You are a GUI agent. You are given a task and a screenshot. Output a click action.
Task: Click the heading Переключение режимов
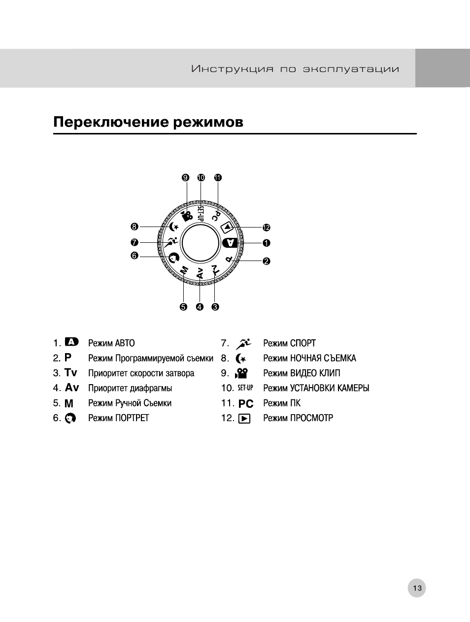click(x=148, y=122)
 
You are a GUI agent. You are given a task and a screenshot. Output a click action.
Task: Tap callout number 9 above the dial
click(x=185, y=178)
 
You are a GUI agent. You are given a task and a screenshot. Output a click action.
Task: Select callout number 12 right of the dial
click(x=267, y=228)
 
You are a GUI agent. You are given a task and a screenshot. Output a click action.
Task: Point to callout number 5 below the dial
click(x=183, y=307)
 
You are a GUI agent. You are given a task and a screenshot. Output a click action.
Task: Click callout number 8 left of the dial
click(x=134, y=227)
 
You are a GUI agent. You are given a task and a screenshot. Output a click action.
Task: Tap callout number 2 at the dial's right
click(x=267, y=261)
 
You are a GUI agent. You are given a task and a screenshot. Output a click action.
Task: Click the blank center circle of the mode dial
click(x=200, y=243)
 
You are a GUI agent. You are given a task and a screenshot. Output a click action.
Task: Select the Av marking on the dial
click(x=200, y=274)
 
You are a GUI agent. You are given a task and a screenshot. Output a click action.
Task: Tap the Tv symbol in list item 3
click(x=71, y=373)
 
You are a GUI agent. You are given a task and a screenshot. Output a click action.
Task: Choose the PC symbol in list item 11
click(x=246, y=403)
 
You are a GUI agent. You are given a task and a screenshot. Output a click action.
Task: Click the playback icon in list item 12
click(x=244, y=419)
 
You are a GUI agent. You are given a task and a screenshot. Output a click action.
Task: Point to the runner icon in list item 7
click(x=244, y=343)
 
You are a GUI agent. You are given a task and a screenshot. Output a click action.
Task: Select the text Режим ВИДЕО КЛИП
click(x=302, y=373)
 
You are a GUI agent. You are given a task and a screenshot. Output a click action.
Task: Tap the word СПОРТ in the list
click(x=302, y=343)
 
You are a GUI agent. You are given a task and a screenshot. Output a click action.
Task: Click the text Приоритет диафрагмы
click(x=130, y=388)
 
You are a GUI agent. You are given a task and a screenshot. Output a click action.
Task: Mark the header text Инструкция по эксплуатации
click(x=295, y=69)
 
